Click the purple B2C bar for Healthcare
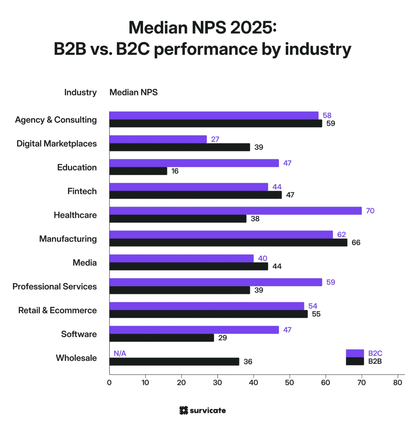point(235,211)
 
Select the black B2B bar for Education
point(138,171)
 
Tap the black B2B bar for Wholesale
point(174,362)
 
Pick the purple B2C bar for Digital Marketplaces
point(158,139)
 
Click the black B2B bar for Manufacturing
point(228,243)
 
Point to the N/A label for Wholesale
point(120,354)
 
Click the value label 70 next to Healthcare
point(370,211)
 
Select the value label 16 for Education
point(175,171)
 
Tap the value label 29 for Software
point(223,338)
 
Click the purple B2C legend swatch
point(355,353)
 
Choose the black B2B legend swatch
point(355,361)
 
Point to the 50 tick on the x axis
point(289,383)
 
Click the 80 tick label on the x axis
point(398,383)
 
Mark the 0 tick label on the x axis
point(109,383)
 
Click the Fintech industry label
point(82,191)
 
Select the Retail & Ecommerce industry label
point(58,310)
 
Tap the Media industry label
point(85,263)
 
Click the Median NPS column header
point(134,92)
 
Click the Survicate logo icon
point(184,411)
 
